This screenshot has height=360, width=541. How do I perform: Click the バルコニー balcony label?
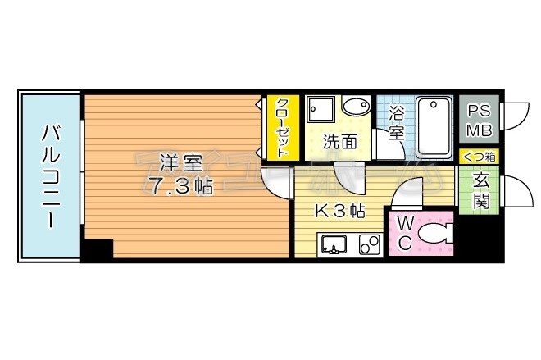[49, 175]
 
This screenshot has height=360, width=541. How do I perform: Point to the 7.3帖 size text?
[180, 186]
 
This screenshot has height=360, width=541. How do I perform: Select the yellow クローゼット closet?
[281, 128]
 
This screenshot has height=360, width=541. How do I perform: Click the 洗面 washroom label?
[339, 141]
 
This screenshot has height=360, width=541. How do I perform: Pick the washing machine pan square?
[320, 110]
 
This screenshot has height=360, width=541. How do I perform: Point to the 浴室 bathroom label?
[397, 124]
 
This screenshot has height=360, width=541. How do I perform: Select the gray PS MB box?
[479, 120]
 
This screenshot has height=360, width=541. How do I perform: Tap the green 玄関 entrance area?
[480, 191]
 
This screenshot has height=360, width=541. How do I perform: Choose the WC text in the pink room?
[406, 233]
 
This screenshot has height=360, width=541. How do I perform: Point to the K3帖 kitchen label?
[340, 210]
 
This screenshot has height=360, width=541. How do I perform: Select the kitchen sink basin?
[334, 244]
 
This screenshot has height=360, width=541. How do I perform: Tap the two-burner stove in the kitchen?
[367, 244]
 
